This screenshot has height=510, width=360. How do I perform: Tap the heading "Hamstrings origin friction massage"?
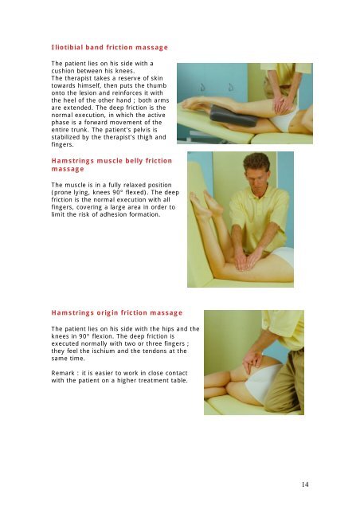116,313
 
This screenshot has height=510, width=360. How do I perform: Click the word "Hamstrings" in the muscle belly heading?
77,162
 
